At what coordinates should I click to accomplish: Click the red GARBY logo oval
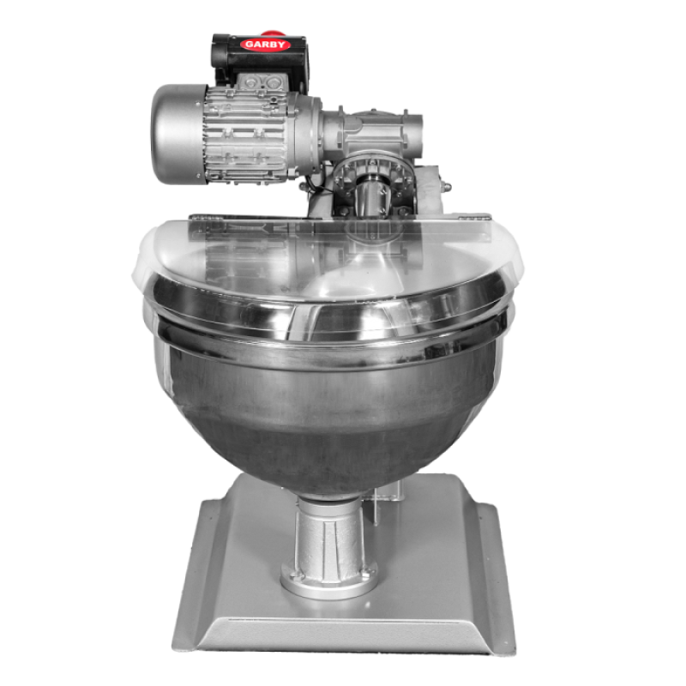click(265, 45)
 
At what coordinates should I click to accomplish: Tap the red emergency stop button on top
click(271, 33)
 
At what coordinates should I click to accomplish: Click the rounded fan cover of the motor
click(178, 134)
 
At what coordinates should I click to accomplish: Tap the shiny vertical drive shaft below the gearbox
click(371, 197)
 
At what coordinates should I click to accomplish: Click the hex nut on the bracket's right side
click(446, 187)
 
